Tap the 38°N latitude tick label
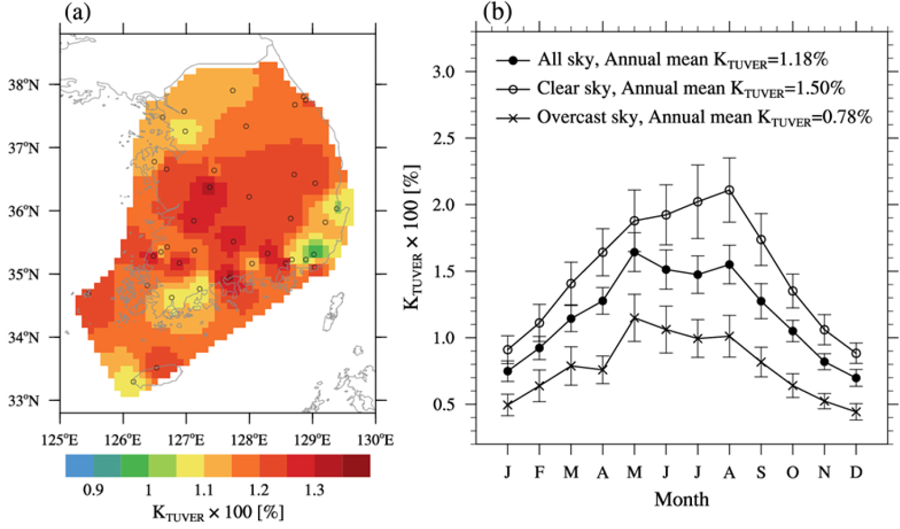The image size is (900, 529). [x=24, y=84]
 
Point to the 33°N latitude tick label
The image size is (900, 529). [x=24, y=401]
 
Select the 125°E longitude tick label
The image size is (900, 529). [x=60, y=440]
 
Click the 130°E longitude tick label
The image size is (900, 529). [x=375, y=440]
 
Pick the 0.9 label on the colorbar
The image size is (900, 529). [x=93, y=490]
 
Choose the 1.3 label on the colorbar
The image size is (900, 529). [x=314, y=490]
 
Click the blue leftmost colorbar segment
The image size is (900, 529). [x=79, y=466]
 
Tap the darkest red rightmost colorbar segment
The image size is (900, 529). [x=356, y=466]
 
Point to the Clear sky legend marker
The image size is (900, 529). [x=513, y=89]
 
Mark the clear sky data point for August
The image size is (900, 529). [x=729, y=190]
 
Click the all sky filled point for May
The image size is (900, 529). [x=634, y=252]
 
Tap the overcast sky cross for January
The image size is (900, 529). [x=508, y=405]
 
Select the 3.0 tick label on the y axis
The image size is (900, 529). [x=444, y=72]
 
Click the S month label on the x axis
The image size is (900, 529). [x=761, y=472]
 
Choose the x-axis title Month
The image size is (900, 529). [x=682, y=499]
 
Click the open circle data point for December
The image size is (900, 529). [x=856, y=353]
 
